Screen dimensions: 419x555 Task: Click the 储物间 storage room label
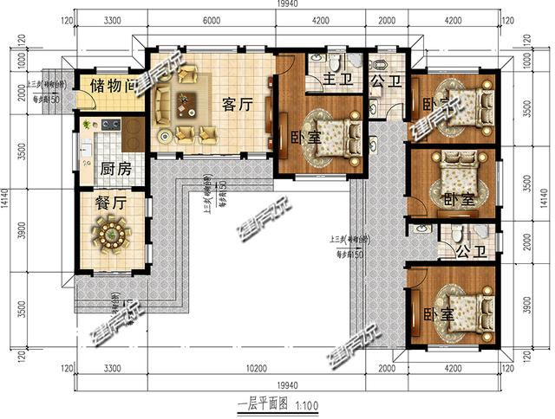pos(109,87)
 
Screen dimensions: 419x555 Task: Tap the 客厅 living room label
pos(237,106)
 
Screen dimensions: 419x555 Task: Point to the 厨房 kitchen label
pos(115,169)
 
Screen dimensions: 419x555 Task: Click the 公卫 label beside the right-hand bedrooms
pos(451,252)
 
